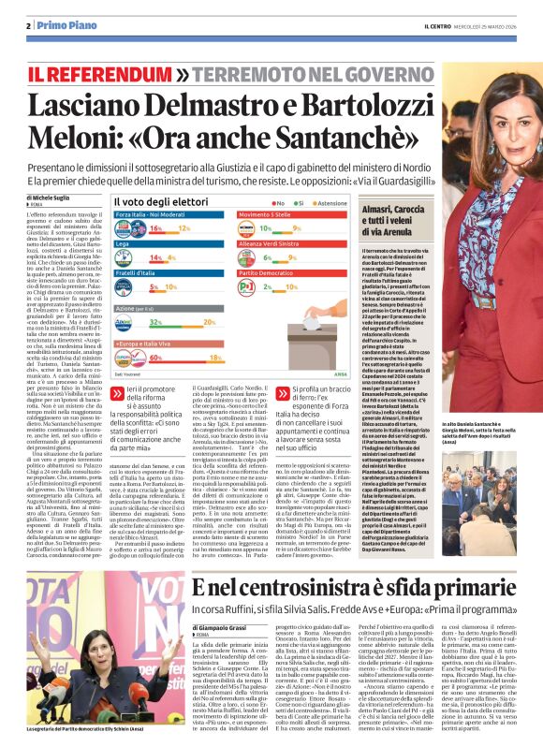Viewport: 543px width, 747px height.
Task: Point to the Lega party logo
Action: point(128,257)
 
